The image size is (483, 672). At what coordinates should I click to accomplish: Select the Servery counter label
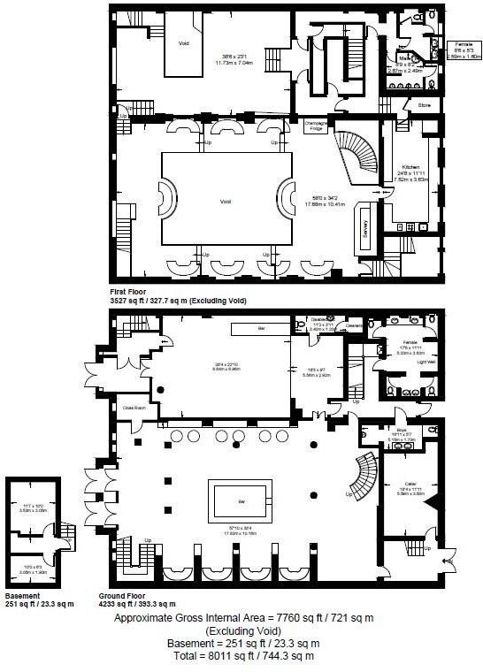point(364,227)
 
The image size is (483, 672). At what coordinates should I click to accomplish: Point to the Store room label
point(425,105)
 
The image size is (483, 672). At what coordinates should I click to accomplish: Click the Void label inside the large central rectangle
point(225,202)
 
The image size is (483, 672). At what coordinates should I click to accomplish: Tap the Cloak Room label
point(134,408)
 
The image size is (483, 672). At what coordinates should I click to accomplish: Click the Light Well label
point(425,362)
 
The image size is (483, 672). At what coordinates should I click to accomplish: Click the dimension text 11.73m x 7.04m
point(240,63)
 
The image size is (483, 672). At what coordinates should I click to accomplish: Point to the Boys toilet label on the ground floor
point(401,431)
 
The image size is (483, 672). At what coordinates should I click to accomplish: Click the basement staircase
point(63,532)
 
